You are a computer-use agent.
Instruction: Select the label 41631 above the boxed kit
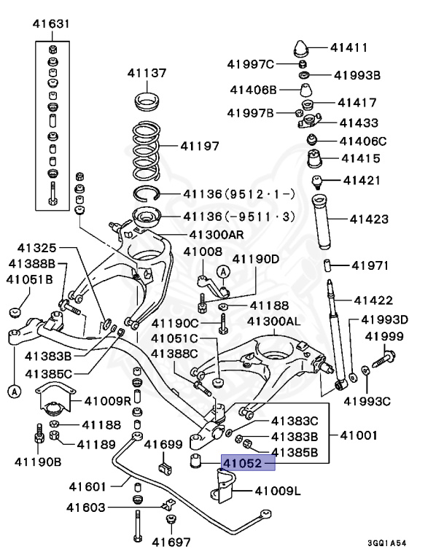[51, 25]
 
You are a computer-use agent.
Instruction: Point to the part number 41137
[147, 73]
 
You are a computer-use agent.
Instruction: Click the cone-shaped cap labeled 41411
[300, 49]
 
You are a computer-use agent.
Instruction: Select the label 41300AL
[273, 321]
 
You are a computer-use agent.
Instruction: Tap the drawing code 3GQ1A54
[397, 543]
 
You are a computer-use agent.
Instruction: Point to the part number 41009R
[107, 400]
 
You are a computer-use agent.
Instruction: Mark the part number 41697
[171, 542]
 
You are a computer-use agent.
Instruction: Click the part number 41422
[373, 300]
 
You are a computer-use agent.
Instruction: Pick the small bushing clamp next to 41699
[164, 465]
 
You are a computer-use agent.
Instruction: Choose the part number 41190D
[255, 258]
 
